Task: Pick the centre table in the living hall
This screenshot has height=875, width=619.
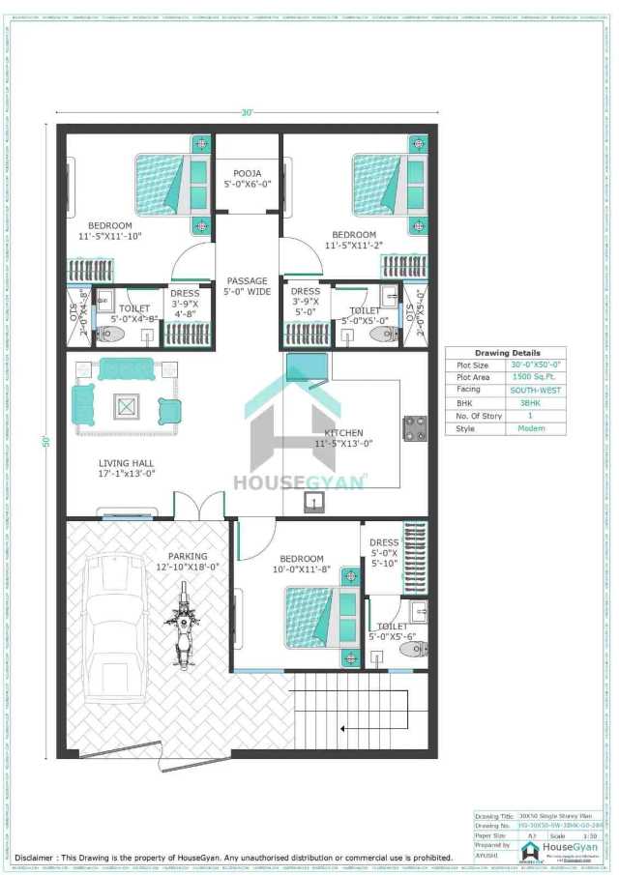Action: point(128,406)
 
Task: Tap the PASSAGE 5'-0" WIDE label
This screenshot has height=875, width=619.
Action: point(247,286)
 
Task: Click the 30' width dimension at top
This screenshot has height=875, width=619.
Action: point(248,113)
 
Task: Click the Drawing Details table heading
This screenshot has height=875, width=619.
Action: point(507,353)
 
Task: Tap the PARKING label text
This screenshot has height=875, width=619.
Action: point(188,557)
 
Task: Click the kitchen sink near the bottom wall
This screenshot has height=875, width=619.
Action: point(314,501)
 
